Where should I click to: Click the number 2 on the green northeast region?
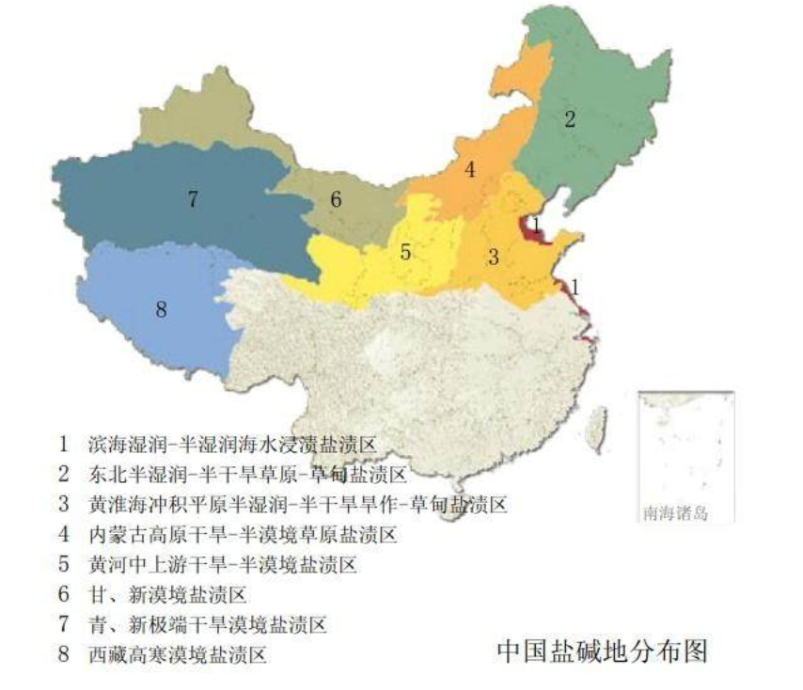point(569,118)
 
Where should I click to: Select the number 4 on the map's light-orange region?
point(469,170)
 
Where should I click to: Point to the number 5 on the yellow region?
point(405,252)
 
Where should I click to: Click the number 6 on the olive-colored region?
point(336,199)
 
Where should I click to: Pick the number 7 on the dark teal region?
point(192,199)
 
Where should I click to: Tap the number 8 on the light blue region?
point(161,309)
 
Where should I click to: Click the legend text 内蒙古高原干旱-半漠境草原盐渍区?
point(242,534)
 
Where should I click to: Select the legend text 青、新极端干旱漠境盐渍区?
point(207,623)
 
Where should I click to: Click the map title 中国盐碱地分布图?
point(602,651)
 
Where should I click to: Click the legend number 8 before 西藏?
point(64,653)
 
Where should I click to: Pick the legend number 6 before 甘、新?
point(64,594)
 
